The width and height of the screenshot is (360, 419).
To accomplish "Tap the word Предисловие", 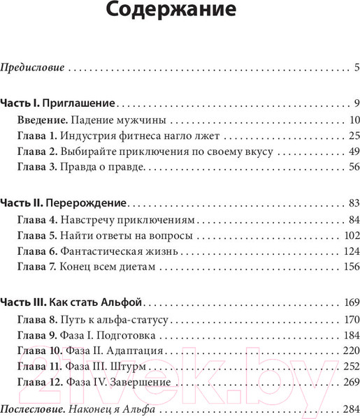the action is [x=33, y=68].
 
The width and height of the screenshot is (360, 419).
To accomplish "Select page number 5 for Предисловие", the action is [x=356, y=68].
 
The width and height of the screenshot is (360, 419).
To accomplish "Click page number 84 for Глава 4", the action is [x=353, y=219].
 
